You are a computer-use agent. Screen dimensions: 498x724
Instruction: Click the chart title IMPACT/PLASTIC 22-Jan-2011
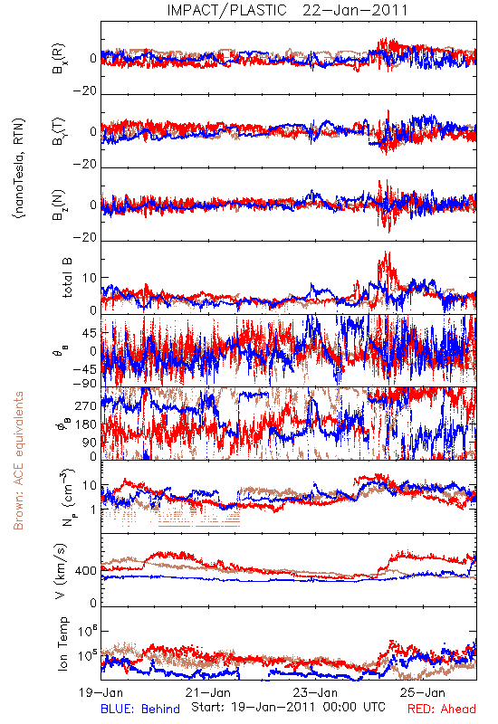287,10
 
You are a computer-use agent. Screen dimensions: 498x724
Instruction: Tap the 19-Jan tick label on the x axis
101,692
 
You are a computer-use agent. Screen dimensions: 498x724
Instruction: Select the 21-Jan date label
208,692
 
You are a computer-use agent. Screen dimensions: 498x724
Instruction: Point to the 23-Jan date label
315,692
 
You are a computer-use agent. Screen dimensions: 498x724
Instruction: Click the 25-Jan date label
422,692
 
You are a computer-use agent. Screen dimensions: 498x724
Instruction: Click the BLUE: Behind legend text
140,710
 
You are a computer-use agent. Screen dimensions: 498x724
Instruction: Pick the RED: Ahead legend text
442,710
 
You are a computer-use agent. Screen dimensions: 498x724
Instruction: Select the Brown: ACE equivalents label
18,461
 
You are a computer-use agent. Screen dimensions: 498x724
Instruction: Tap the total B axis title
67,278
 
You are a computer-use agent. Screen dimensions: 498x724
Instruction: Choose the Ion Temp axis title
62,643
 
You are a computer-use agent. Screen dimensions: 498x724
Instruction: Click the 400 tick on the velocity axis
85,571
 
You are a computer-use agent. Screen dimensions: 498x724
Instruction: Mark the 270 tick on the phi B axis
85,405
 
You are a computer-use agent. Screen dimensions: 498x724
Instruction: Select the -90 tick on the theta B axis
84,384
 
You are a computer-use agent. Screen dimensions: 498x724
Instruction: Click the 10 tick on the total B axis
90,278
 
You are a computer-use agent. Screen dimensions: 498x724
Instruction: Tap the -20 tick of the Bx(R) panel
84,91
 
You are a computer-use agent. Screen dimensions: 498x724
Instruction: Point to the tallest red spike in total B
388,253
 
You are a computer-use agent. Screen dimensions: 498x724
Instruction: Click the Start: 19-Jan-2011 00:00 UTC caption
288,707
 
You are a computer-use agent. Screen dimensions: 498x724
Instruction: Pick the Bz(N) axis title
58,205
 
